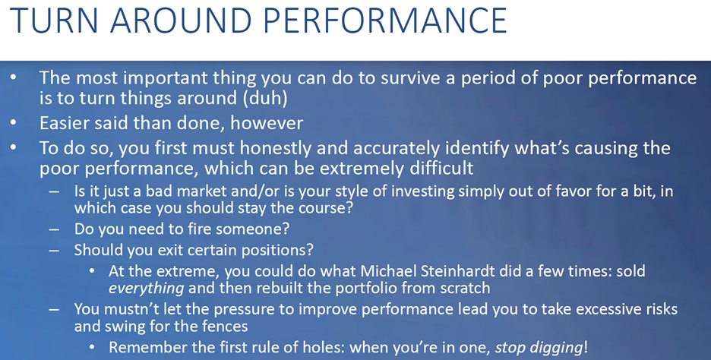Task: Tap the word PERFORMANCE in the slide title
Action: point(384,21)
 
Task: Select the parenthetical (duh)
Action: point(265,99)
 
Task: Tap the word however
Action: point(267,123)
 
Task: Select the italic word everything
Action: point(146,289)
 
